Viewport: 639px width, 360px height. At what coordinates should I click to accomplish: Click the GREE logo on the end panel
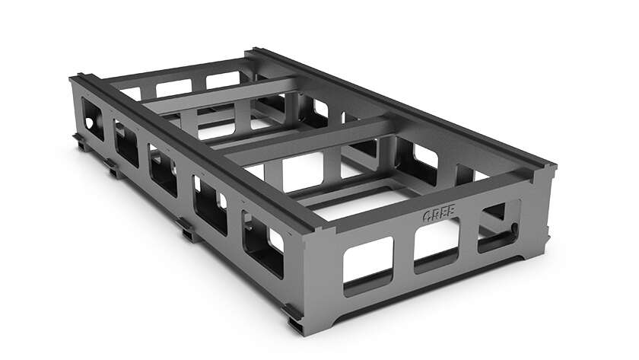(440, 215)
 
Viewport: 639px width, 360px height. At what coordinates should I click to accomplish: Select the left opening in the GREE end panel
(367, 264)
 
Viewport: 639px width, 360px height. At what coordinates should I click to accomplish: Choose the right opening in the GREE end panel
(496, 228)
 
